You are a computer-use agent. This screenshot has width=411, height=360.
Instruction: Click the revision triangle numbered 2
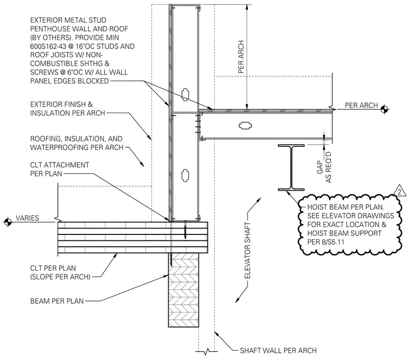pos(400,191)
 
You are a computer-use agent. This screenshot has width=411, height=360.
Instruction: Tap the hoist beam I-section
pos(291,167)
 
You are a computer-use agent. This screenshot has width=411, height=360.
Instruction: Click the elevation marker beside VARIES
pos(8,222)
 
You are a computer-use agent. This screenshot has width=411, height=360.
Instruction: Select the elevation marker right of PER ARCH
pos(385,109)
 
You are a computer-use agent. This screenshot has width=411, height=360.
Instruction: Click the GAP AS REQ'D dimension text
pos(324,167)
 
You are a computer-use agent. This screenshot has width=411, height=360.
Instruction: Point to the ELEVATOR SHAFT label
pos(248,251)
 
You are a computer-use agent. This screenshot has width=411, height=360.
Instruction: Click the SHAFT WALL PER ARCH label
pos(279,351)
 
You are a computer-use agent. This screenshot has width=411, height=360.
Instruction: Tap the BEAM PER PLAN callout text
pos(57,301)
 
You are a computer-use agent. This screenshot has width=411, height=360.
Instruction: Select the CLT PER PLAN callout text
pos(60,272)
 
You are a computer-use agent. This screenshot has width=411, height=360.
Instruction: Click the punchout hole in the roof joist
pos(246,126)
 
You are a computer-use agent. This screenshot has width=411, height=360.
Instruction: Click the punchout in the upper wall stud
pos(185,95)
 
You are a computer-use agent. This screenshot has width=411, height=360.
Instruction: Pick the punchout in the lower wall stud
pos(185,175)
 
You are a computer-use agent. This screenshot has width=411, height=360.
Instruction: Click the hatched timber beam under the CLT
pos(183,290)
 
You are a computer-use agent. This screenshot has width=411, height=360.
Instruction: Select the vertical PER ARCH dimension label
pos(241,57)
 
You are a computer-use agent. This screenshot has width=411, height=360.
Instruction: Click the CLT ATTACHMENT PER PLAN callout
pos(59,169)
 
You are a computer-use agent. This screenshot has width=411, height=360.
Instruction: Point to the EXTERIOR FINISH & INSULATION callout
pos(68,109)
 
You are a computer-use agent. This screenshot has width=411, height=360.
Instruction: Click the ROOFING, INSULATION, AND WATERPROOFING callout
pos(77,143)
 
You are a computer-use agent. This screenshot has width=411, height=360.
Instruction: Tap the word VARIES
pos(27,218)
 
